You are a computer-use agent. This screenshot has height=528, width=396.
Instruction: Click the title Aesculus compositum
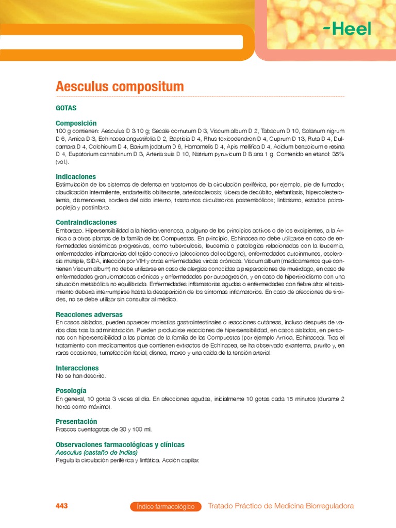click(119, 87)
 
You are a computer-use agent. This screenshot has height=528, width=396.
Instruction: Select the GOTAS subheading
click(66, 108)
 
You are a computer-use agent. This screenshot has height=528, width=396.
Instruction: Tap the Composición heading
click(76, 123)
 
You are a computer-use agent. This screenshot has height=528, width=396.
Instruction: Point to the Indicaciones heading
click(76, 176)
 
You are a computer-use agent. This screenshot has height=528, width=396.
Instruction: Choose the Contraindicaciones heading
click(86, 222)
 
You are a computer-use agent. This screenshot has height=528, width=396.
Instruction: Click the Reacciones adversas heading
click(89, 314)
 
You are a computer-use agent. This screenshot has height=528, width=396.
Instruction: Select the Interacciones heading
click(77, 368)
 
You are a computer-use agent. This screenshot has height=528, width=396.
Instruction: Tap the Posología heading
click(71, 390)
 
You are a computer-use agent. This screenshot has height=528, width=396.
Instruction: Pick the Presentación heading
click(76, 421)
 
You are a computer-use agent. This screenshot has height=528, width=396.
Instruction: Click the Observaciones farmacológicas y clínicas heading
click(120, 444)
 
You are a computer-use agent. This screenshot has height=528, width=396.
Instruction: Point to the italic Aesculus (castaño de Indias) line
click(96, 452)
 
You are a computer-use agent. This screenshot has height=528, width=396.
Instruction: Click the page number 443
click(61, 506)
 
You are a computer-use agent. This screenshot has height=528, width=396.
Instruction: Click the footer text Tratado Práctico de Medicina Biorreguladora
click(280, 506)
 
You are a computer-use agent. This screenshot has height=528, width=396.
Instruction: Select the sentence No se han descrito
click(80, 376)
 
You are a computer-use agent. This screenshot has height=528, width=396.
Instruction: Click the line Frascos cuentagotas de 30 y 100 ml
click(103, 429)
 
